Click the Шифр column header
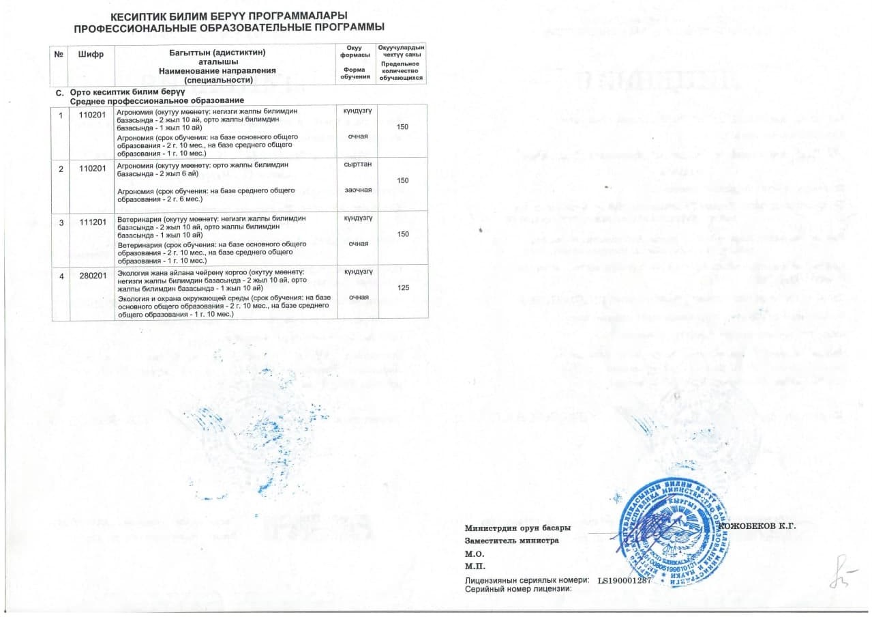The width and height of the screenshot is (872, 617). (x=91, y=54)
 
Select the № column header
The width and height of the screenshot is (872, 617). (x=59, y=54)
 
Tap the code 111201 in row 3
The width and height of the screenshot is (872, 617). (x=92, y=218)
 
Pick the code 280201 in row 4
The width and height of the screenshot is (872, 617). (x=92, y=275)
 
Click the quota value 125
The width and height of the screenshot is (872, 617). (x=403, y=288)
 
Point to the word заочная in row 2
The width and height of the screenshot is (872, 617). (x=358, y=189)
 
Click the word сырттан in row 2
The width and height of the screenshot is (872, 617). (x=358, y=164)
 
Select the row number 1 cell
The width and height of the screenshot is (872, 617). (x=61, y=114)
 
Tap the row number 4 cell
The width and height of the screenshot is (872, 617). (x=61, y=275)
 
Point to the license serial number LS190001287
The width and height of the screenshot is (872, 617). (x=625, y=580)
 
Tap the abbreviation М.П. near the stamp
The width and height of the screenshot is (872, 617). (x=474, y=566)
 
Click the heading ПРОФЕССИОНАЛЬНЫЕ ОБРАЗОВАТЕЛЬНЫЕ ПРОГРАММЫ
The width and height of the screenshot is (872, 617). (x=229, y=27)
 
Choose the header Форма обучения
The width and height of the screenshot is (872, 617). (x=354, y=72)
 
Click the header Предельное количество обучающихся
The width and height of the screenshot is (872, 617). (x=401, y=71)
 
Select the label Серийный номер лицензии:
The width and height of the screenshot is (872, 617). (x=517, y=588)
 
